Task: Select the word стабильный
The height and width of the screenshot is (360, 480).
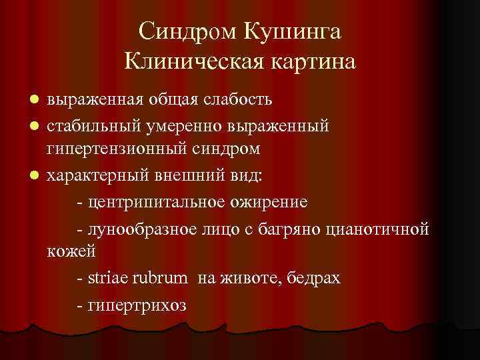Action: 87,125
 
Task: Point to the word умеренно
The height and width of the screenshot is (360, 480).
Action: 173,125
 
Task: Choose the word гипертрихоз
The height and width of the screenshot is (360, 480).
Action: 137,303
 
